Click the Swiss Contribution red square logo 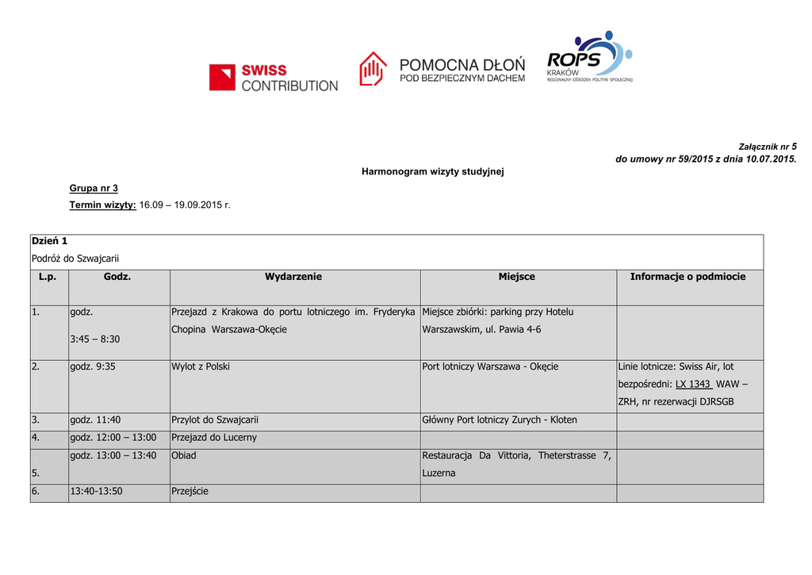[223, 77]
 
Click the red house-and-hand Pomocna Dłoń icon [373, 69]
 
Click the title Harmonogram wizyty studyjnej [433, 171]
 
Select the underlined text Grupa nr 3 [94, 188]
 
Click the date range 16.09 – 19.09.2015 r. [185, 205]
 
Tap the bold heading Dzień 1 [49, 240]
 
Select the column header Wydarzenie [293, 277]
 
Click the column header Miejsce [517, 277]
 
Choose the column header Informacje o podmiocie [688, 277]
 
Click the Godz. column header [117, 277]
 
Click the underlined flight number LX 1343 [692, 384]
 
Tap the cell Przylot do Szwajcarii [215, 420]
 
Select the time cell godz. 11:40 [95, 420]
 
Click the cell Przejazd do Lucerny [214, 437]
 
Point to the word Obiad [184, 455]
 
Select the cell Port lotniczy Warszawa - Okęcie [490, 366]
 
